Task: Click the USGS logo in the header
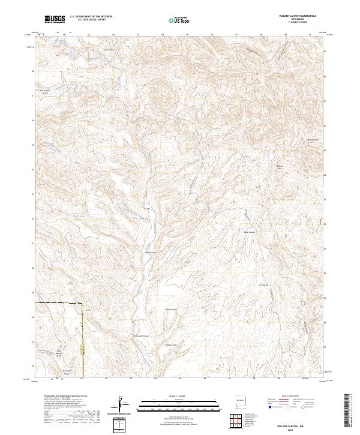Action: pos(55,19)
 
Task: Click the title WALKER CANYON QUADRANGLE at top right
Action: pos(297,15)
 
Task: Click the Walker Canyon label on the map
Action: pos(151,253)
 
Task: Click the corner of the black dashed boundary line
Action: pos(81,304)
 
